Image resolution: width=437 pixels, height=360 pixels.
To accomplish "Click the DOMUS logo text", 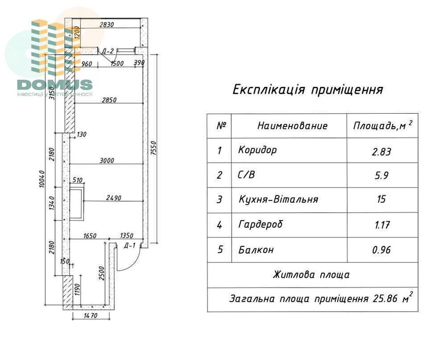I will coord(54,85).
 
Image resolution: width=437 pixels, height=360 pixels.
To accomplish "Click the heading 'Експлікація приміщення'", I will coord(308,90).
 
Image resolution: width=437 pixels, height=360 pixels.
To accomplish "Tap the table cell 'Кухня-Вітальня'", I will coord(278,200).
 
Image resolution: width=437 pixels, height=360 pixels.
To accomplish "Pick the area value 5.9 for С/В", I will coord(381,175).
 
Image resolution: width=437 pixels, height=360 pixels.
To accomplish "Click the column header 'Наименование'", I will coord(292,126).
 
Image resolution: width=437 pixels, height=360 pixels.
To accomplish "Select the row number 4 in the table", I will coord(220,225).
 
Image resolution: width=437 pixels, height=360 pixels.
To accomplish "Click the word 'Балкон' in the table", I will coord(256,250).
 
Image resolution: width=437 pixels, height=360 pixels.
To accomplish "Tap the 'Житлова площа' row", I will coord(311,275).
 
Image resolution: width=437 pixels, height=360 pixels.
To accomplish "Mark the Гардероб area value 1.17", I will coord(381,225).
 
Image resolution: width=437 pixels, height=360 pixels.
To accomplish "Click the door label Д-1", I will coord(130,245).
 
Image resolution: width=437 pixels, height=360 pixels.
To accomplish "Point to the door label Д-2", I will coord(107,51).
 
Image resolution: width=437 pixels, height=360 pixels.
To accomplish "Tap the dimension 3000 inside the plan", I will coord(107,160).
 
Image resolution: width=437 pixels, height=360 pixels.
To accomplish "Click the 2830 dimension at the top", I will coord(106,24).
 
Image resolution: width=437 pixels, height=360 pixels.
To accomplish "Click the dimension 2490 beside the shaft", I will coord(113,197).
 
